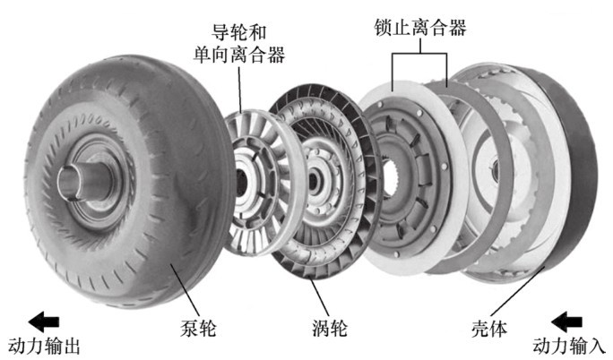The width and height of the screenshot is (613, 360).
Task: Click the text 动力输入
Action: [569, 346]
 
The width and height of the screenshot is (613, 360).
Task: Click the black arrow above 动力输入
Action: [569, 320]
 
